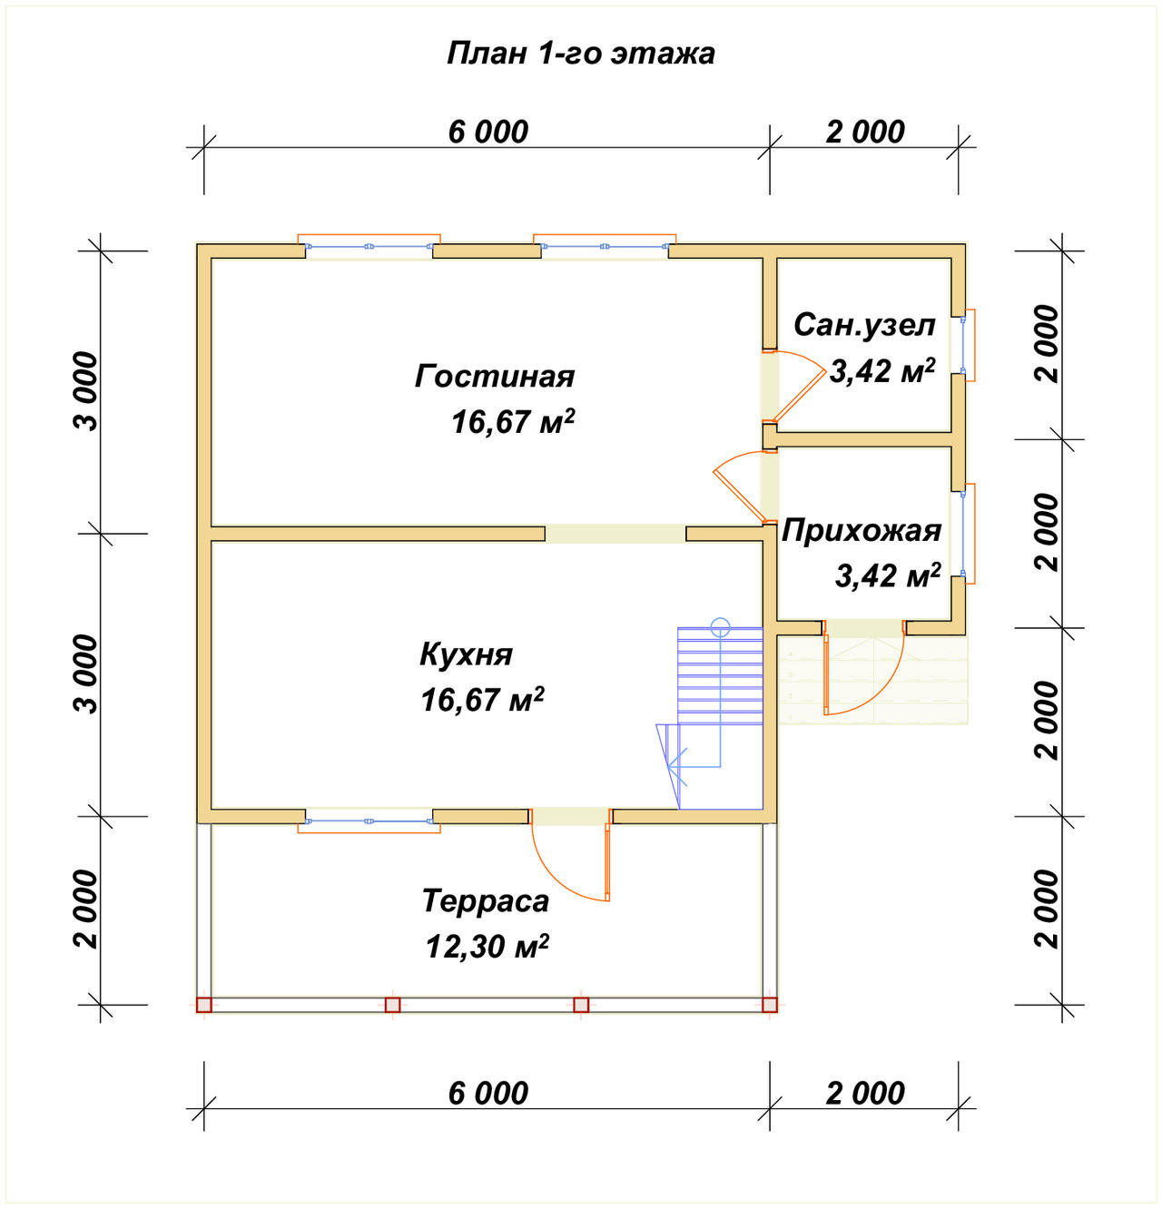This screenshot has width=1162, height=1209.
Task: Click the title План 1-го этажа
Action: click(580, 54)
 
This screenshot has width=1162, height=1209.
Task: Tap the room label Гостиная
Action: click(495, 377)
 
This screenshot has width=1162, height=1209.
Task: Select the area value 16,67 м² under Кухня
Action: click(482, 699)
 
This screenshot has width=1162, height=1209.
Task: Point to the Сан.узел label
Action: click(863, 326)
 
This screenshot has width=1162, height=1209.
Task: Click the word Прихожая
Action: click(862, 532)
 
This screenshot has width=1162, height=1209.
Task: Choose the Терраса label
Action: click(486, 900)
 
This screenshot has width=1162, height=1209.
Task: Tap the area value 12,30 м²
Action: click(487, 946)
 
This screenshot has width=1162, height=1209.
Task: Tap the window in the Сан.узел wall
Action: click(967, 345)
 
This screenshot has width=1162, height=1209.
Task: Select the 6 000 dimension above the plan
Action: click(487, 133)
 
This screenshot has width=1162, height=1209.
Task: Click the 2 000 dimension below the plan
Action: click(865, 1094)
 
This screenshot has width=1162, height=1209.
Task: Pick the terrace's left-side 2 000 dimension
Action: click(85, 909)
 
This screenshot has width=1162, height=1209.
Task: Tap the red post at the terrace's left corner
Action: click(204, 1005)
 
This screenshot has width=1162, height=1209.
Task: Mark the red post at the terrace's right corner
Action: click(770, 1005)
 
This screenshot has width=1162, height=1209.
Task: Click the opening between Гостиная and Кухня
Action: click(615, 534)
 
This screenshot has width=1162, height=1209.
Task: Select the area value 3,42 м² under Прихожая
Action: click(887, 576)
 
